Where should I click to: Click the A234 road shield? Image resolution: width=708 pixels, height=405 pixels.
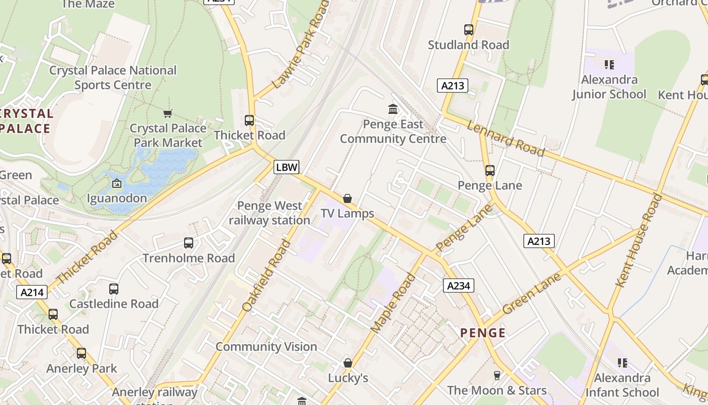(x=459, y=286)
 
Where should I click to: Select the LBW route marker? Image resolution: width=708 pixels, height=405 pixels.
(x=287, y=167)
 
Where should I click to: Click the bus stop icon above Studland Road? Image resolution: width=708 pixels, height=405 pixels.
(x=469, y=30)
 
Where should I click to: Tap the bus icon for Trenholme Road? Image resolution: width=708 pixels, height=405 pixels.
(x=189, y=243)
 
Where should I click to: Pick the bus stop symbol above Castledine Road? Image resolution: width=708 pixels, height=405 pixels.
(x=114, y=289)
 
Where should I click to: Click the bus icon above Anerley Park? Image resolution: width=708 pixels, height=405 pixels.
(x=81, y=353)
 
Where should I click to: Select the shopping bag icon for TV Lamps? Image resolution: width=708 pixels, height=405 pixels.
(x=347, y=198)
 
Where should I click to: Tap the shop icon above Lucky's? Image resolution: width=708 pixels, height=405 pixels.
(x=347, y=363)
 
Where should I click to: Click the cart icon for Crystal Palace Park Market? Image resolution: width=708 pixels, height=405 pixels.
(x=168, y=113)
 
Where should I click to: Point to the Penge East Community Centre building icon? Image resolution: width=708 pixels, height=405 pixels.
(x=393, y=109)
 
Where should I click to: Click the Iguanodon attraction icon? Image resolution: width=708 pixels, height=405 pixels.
(x=117, y=183)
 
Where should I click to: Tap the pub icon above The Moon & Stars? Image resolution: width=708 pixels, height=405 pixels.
(x=497, y=375)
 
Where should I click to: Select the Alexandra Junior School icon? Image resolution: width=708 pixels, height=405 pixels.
(x=609, y=64)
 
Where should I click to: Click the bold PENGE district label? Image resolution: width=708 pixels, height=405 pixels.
(x=483, y=333)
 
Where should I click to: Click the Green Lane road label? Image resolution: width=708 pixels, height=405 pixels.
(x=532, y=293)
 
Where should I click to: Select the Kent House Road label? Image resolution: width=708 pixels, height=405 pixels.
(x=639, y=240)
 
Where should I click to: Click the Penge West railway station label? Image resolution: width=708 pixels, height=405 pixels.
(x=270, y=213)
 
